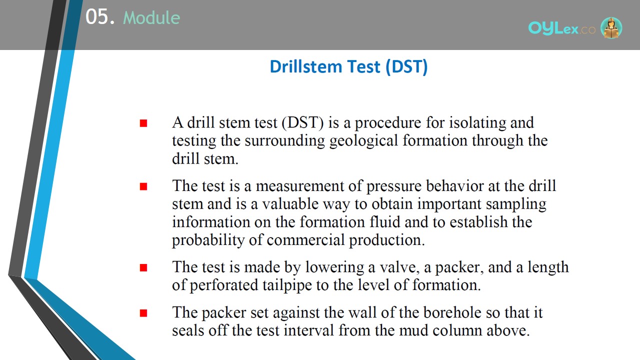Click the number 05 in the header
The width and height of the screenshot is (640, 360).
point(97,16)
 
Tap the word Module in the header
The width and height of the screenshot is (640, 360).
point(151,17)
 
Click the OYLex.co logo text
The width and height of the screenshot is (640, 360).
point(561,28)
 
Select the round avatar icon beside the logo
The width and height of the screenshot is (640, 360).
point(611,27)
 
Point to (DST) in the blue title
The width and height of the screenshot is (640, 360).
point(406,67)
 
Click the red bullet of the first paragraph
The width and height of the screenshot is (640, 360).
point(143,123)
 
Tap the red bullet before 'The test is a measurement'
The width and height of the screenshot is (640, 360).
point(143,186)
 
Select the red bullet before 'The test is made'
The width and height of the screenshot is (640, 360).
point(143,267)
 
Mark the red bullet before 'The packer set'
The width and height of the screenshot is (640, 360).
point(143,313)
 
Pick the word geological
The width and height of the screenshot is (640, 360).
point(363,141)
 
